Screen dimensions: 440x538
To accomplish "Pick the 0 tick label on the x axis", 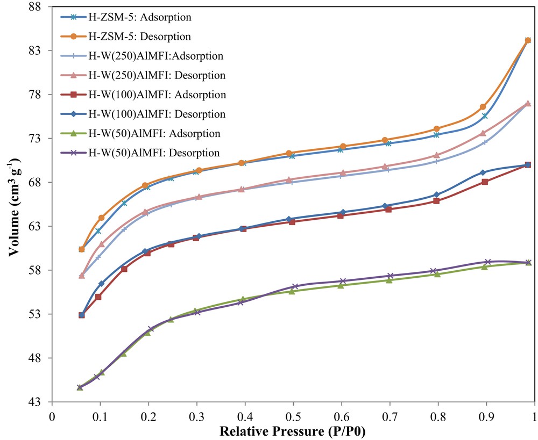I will point(52,416).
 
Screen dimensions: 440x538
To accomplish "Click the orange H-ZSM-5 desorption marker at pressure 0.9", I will point(483,107).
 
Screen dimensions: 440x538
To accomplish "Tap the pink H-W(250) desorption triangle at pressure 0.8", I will point(436,155).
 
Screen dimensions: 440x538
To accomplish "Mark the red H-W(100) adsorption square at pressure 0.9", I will point(485,182).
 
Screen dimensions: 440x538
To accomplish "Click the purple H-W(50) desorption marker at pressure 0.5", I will point(295,286).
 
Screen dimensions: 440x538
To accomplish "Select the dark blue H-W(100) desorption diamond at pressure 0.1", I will point(101,283).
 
